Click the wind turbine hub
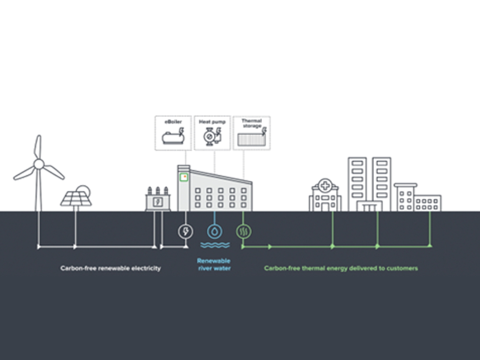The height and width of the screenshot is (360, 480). tap(39, 164)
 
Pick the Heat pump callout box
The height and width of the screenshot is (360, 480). tap(212, 133)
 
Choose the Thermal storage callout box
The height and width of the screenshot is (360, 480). tap(251, 133)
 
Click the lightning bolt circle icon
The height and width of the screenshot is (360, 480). tap(186, 231)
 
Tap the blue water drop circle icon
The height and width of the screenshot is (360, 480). tap(214, 231)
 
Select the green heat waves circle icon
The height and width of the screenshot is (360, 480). tap(243, 231)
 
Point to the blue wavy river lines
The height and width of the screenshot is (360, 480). tap(214, 245)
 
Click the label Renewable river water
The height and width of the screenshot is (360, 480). tap(214, 265)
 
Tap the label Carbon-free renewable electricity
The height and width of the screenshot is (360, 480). tap(110, 268)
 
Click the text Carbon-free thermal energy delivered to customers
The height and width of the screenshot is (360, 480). tap(341, 268)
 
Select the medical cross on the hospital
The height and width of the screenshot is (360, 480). tap(325, 185)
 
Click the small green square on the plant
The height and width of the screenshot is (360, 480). tap(184, 177)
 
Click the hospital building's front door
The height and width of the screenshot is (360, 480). tap(325, 207)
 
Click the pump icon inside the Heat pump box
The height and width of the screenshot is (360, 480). tap(209, 137)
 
